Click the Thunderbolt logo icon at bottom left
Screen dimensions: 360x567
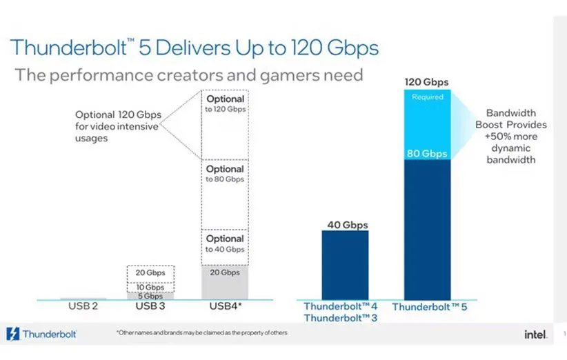(14, 334)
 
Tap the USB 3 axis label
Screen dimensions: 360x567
(150, 305)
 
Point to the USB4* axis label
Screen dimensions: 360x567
(226, 305)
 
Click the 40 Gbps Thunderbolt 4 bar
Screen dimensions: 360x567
(345, 266)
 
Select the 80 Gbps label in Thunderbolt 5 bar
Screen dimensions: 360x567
(428, 154)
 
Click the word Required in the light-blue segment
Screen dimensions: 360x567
(427, 97)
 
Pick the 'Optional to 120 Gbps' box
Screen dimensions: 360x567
(225, 124)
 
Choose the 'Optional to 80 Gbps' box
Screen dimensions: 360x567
(225, 194)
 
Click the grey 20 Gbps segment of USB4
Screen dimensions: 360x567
(225, 283)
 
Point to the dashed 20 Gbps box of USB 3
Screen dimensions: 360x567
(150, 273)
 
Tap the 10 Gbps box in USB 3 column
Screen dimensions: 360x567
(150, 286)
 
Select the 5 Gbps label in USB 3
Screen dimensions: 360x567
(150, 296)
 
